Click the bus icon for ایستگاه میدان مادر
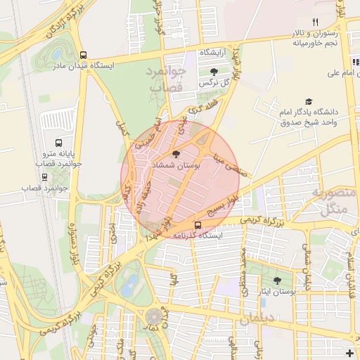tap(84, 55)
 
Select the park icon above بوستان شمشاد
tap(175, 154)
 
